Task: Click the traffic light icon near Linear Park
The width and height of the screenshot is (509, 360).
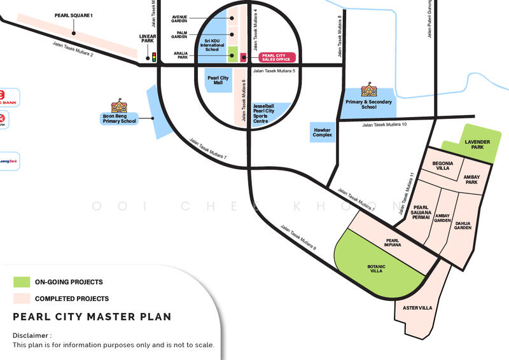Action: click(x=153, y=58)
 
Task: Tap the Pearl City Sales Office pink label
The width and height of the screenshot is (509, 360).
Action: click(x=277, y=57)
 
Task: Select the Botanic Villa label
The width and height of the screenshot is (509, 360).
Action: click(x=377, y=268)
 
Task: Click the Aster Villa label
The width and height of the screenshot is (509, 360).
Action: click(x=417, y=308)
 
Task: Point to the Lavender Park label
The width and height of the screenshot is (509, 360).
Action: click(x=474, y=144)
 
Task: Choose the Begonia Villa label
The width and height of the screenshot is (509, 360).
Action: click(x=443, y=166)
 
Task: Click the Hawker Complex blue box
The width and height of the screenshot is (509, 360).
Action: click(x=323, y=132)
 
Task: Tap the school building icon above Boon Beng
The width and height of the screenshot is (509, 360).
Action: click(x=119, y=105)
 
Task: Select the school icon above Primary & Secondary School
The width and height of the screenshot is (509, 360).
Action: click(x=368, y=90)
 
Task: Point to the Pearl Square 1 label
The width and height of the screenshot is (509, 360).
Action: click(x=74, y=15)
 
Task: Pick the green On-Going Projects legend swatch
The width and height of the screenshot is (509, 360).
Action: click(x=22, y=282)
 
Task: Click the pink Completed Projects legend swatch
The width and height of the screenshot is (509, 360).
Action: click(x=22, y=298)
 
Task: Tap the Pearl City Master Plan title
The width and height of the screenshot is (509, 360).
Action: click(x=92, y=317)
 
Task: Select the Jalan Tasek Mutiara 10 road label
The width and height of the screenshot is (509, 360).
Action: click(x=384, y=125)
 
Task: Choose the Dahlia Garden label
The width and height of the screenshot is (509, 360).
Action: click(x=463, y=225)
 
